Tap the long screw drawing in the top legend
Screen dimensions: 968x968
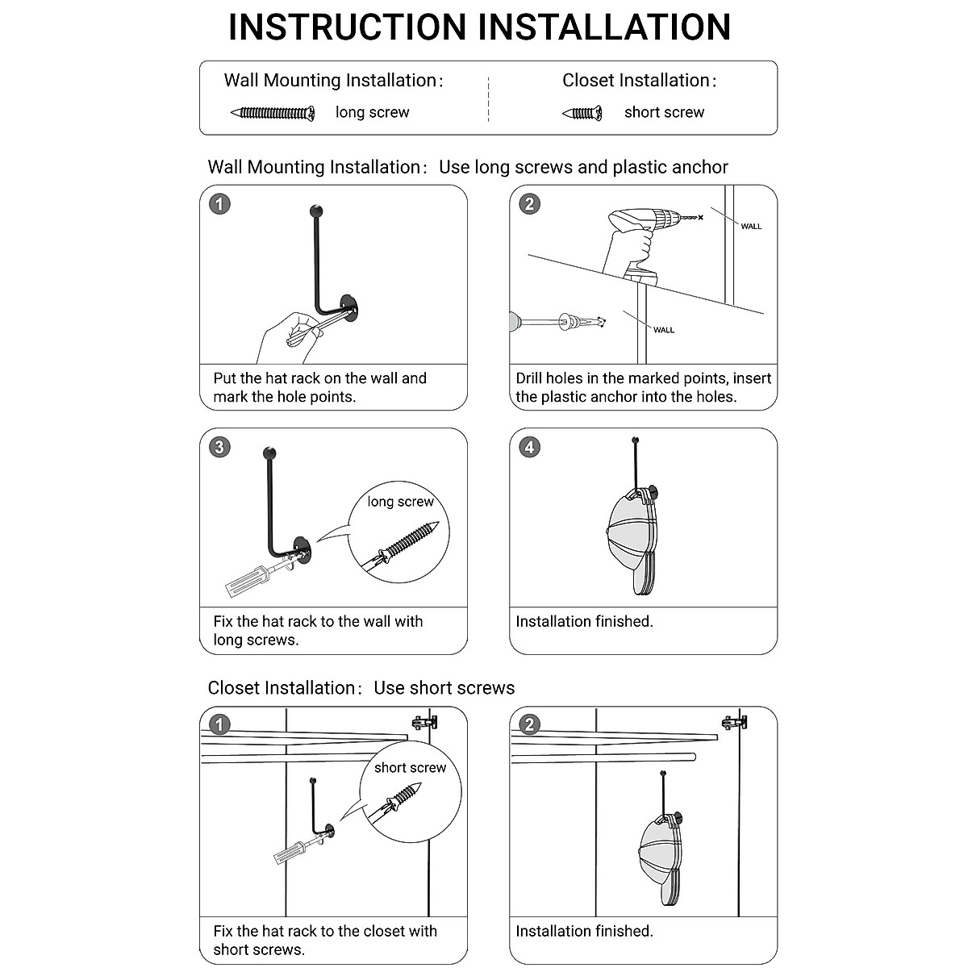click(x=273, y=112)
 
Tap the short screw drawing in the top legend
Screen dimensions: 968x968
click(x=582, y=113)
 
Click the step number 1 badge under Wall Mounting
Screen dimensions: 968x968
click(x=219, y=203)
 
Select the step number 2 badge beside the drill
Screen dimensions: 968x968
click(x=528, y=203)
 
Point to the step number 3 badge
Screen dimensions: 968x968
click(x=219, y=447)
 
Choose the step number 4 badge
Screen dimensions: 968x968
click(x=528, y=447)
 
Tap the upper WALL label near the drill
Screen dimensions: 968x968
click(x=751, y=226)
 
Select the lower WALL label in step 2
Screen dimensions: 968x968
click(x=664, y=329)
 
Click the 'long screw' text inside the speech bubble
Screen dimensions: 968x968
click(x=400, y=502)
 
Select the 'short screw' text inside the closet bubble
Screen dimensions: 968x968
click(x=410, y=767)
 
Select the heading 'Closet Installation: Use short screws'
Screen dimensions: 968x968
click(x=361, y=688)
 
